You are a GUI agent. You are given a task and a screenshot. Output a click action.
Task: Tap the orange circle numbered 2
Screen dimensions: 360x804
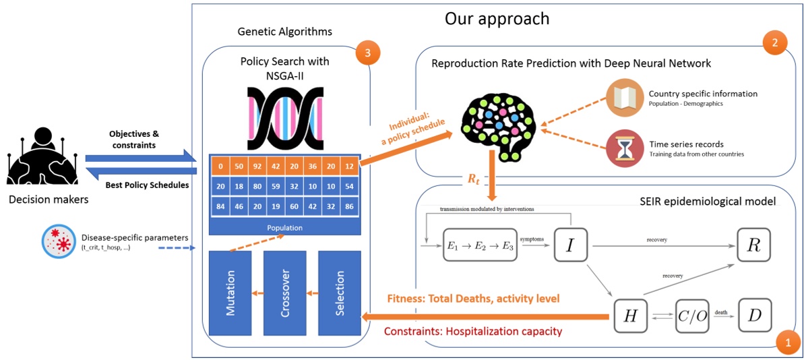(775, 43)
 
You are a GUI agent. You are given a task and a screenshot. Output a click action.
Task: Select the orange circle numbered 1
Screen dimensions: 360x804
(787, 342)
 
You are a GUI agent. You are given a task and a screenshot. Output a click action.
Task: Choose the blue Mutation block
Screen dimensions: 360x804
(230, 293)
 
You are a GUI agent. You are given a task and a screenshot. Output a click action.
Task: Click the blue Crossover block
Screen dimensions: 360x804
(284, 293)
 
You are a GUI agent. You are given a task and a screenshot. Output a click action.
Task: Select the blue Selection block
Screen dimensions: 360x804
(338, 293)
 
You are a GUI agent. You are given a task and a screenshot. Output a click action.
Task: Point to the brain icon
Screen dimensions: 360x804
(497, 124)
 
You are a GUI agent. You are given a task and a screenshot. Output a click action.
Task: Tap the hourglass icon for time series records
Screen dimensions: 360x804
(624, 150)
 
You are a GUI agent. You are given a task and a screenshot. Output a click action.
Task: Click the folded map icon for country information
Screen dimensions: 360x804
(624, 98)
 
